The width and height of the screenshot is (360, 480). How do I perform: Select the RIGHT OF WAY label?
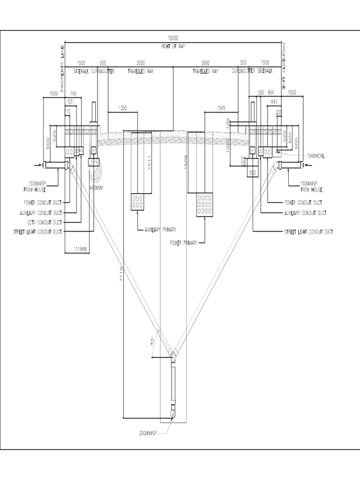pos(173,46)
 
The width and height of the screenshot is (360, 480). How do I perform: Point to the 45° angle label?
pos(152,341)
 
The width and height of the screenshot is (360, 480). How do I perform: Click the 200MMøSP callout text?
pos(149,433)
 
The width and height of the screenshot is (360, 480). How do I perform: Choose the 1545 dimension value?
pos(223,108)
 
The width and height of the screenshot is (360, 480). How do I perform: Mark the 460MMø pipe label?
pos(96,187)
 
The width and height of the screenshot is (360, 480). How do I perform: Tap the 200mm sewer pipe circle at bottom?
pos(173,414)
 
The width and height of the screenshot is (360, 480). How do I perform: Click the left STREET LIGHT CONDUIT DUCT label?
pos(38,232)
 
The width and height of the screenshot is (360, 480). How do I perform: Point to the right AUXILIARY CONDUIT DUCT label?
pos(305,213)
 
